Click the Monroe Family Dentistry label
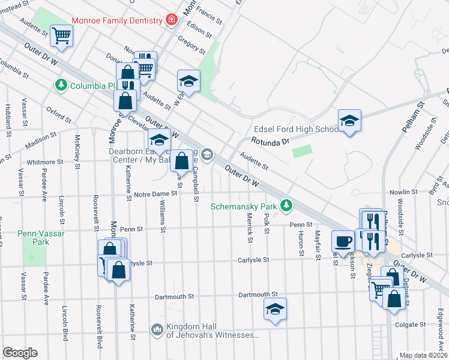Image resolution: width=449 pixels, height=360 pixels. click(x=117, y=20)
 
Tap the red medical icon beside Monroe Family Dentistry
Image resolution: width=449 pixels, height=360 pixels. click(x=172, y=20)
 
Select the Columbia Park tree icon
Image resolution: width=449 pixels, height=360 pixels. click(x=61, y=86)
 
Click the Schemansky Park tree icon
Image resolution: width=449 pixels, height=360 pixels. click(x=287, y=206)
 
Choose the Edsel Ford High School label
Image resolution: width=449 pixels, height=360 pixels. click(x=297, y=129)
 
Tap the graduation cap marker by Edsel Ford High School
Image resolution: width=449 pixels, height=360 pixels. click(x=349, y=121)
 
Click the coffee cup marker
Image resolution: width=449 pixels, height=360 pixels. click(x=343, y=241)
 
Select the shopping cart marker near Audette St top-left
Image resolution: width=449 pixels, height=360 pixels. click(x=61, y=35)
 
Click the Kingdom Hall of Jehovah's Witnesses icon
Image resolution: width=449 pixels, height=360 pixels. click(x=157, y=329)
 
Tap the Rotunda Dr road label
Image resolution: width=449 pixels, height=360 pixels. click(x=270, y=142)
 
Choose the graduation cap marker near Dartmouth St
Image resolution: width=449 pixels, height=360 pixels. click(x=276, y=310)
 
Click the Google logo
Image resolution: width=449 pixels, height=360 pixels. click(x=20, y=353)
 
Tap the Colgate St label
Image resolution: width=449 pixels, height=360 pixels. click(x=410, y=325)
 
